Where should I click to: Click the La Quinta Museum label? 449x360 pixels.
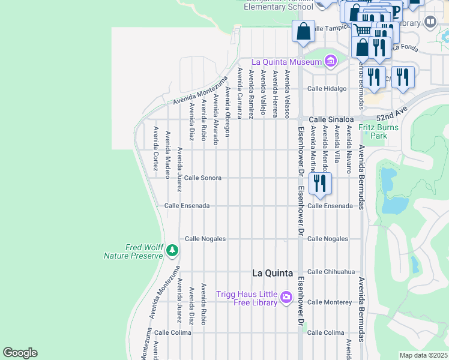coord(286,61)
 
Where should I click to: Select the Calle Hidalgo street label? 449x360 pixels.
coord(327,89)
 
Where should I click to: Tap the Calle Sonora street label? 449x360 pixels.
coord(202,178)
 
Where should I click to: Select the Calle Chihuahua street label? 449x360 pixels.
coord(331,271)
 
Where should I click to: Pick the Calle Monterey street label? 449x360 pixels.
coord(330,302)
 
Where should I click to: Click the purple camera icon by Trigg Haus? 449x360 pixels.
coord(286,297)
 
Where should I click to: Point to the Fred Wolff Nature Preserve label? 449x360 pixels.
coord(134,251)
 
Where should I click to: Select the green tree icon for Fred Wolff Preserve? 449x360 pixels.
coord(172,250)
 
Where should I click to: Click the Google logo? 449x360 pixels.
coord(20,353)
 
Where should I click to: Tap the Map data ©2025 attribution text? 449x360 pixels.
coord(423,355)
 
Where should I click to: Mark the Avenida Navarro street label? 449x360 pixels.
coord(349,149)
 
